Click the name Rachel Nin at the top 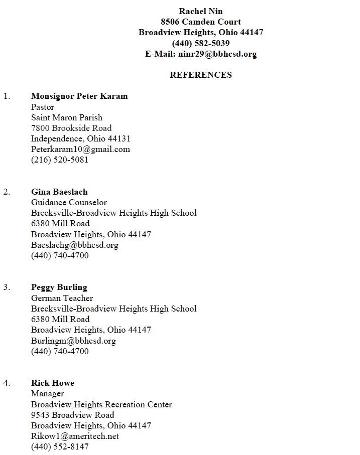click(x=201, y=11)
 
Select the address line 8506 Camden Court click(x=201, y=22)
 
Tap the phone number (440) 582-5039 click(x=201, y=43)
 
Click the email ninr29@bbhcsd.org click(x=217, y=54)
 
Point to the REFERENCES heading click(x=201, y=75)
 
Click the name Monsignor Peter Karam click(x=79, y=96)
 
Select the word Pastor click(x=43, y=107)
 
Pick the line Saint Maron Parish click(x=67, y=117)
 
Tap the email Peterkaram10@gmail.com click(x=80, y=149)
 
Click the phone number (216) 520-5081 click(x=60, y=160)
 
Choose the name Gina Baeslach click(x=59, y=192)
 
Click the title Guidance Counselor click(x=69, y=202)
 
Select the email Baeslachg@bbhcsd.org click(x=75, y=245)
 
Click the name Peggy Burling click(x=59, y=287)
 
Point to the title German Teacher click(x=62, y=298)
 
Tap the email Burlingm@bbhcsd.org click(x=73, y=341)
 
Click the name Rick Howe click(x=53, y=383)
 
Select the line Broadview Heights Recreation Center click(x=101, y=404)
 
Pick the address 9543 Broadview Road click(x=73, y=415)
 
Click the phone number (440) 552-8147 click(x=60, y=446)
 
